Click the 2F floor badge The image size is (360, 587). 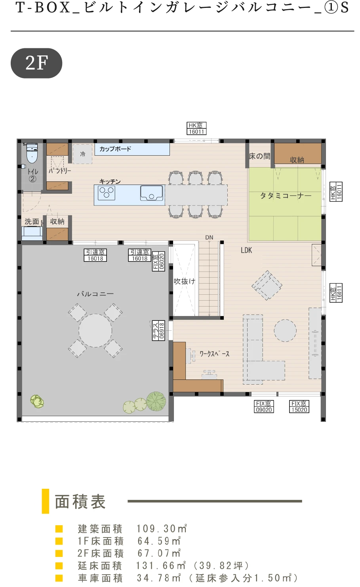pos(36,63)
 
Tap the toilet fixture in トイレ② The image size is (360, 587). pos(32,153)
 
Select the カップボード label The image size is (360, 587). pos(115,149)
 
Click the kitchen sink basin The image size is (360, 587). pos(151,193)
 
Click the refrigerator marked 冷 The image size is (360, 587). pos(82,154)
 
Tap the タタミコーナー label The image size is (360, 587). pos(286,196)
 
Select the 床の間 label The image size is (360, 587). pos(259,156)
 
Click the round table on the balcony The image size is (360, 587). pos(95,330)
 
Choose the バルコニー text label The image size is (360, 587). pos(95,294)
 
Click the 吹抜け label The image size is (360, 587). pos(185,282)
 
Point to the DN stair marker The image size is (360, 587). pos(209,237)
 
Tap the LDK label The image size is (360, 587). pos(246,250)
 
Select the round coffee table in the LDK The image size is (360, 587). pos(285,330)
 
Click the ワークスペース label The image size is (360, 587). pos(215,354)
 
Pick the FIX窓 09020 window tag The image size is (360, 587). pos(264,406)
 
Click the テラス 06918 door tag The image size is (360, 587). pos(158,330)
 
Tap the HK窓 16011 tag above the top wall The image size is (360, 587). pos(196,128)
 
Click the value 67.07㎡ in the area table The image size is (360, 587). pos(159,553)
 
